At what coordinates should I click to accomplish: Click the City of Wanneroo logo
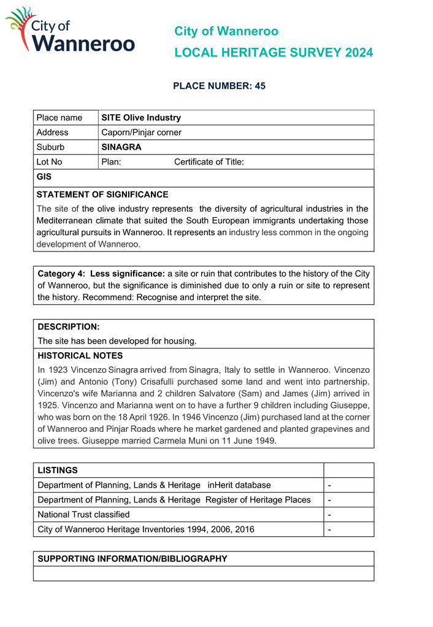pos(70,31)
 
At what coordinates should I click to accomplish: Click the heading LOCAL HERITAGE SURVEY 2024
pos(273,53)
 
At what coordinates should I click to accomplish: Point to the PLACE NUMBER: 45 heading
pos(219,87)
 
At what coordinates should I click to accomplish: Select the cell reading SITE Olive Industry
pos(141,118)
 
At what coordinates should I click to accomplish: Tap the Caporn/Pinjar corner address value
pos(141,133)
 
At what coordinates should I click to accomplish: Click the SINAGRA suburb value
pos(121,147)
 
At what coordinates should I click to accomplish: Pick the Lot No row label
pos(50,162)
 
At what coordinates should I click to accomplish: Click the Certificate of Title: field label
pos(209,162)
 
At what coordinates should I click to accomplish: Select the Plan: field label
pos(111,162)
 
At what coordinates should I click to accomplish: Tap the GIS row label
pos(44,177)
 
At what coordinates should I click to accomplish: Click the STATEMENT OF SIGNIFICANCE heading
pos(102,194)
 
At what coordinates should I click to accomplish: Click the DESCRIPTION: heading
pos(69,327)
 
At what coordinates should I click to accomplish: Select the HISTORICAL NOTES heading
pos(80,356)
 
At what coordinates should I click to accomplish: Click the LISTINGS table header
pos(58,471)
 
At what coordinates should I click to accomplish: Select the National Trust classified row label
pos(84,515)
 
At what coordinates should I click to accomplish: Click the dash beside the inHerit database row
pos(330,485)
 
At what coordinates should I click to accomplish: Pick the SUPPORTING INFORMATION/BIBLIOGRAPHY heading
pos(132,559)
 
